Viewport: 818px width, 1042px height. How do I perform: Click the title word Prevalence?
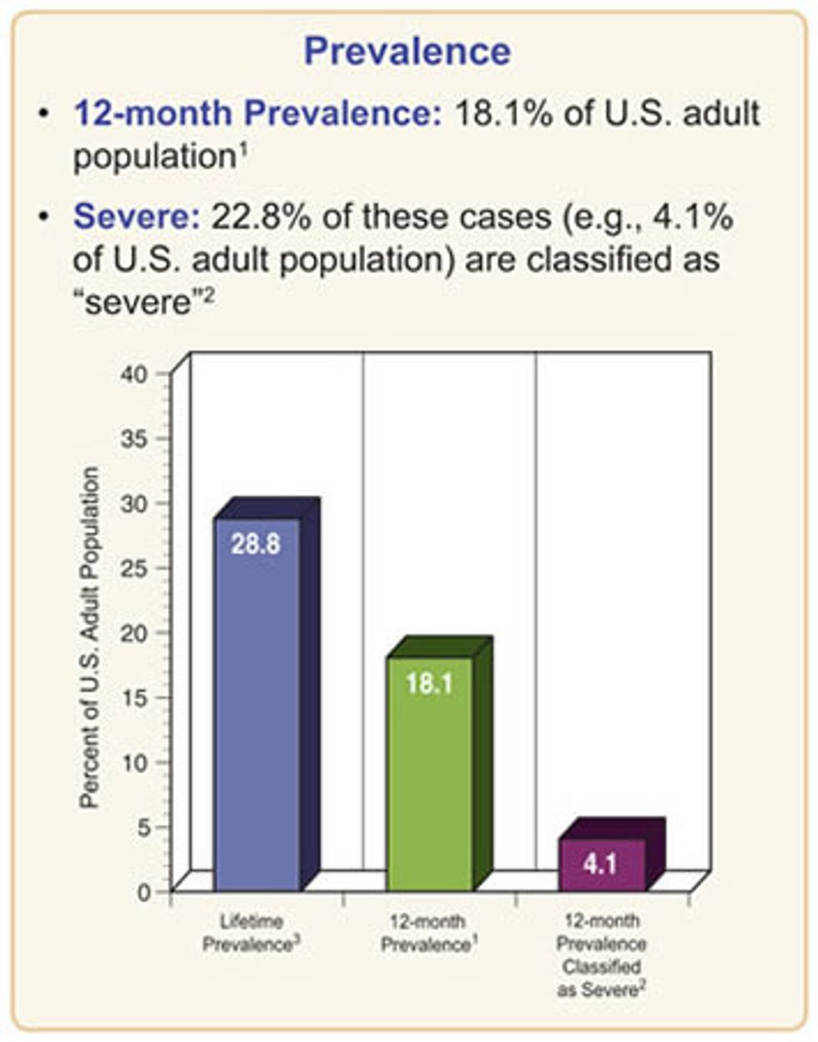(x=407, y=52)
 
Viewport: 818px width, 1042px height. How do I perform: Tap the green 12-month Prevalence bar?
(x=430, y=776)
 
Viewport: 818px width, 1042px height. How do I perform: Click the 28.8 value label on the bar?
(x=255, y=544)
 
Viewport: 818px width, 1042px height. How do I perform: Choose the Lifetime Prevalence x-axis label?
(x=252, y=934)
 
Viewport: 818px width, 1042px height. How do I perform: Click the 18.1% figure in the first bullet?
(x=502, y=114)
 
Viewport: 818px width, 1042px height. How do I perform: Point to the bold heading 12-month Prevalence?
(x=257, y=114)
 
